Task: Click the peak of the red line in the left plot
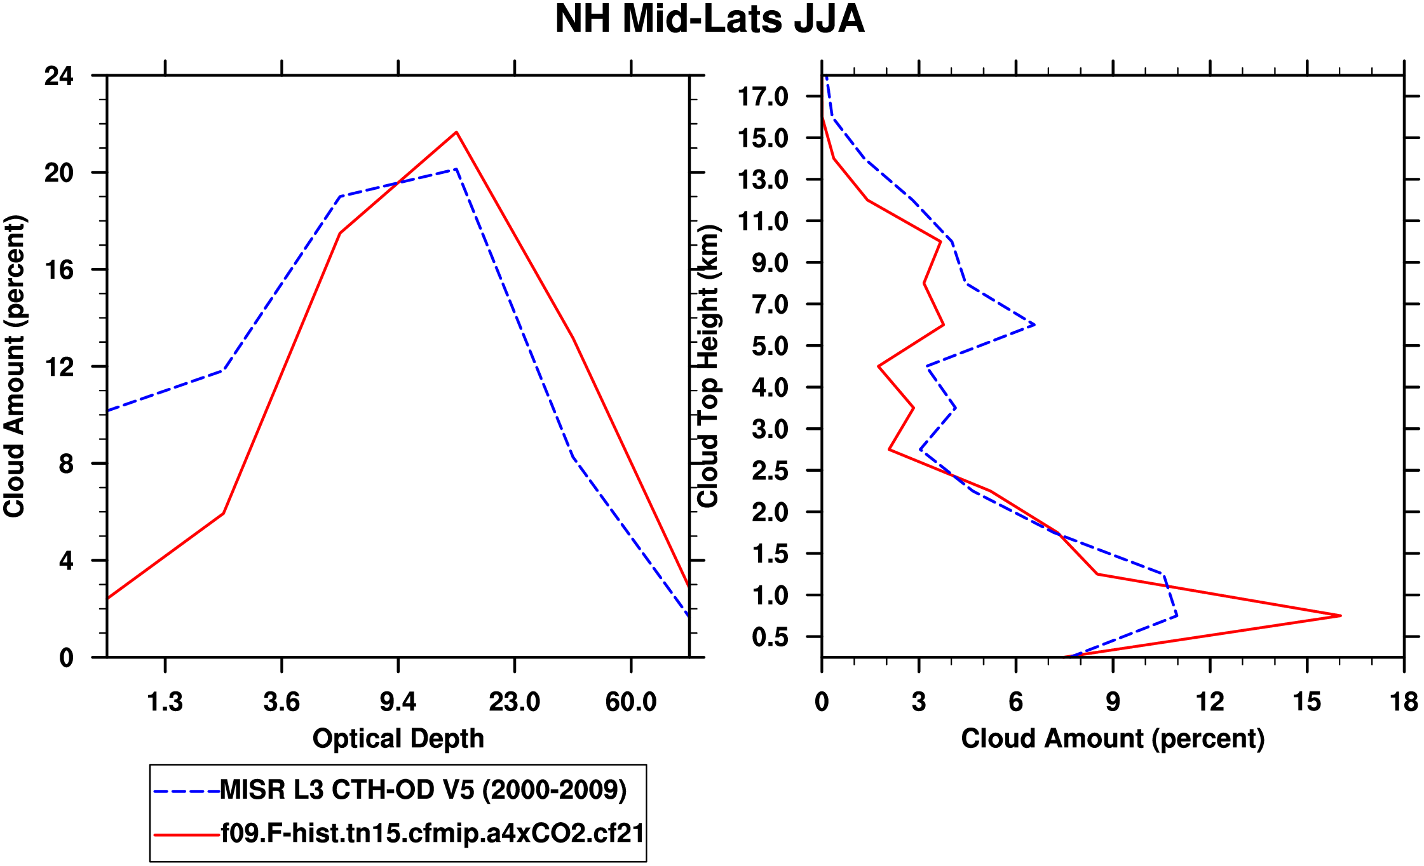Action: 456,132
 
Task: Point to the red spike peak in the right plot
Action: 1339,615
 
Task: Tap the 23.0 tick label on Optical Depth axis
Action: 514,702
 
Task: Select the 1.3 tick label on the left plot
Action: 165,702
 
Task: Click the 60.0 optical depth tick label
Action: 630,702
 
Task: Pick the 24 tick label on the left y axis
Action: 59,76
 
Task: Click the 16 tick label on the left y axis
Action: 59,270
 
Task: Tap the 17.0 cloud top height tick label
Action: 763,97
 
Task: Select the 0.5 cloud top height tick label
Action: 770,637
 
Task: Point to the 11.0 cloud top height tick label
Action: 763,222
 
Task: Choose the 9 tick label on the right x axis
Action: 1113,702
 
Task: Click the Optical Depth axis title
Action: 398,738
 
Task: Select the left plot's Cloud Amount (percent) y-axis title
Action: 14,366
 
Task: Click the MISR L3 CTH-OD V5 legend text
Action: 423,790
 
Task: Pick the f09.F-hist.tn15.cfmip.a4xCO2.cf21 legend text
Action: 432,833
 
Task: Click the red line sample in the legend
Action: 186,834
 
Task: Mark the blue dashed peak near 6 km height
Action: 1034,324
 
